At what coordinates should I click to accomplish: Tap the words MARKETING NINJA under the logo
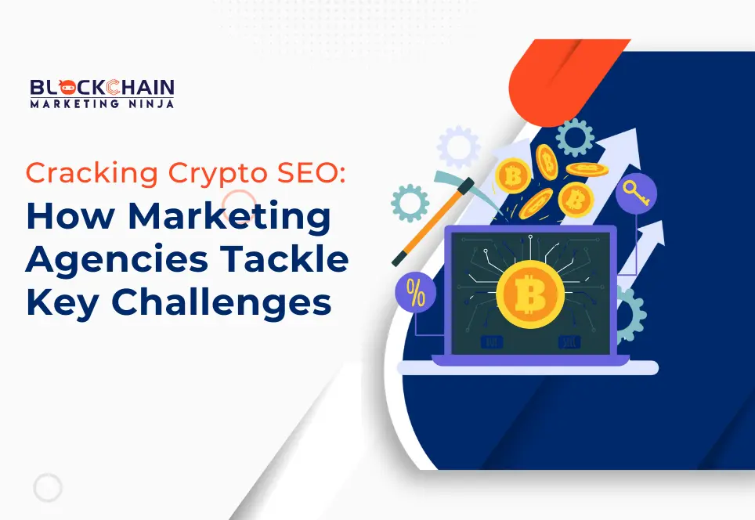[x=102, y=103]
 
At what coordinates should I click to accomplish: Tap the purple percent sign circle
[x=416, y=292]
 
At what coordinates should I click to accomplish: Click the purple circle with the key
[x=635, y=193]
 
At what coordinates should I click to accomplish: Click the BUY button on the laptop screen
[x=493, y=342]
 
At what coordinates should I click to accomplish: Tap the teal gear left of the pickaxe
[x=410, y=203]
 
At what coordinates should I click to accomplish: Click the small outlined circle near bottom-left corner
[x=47, y=488]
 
